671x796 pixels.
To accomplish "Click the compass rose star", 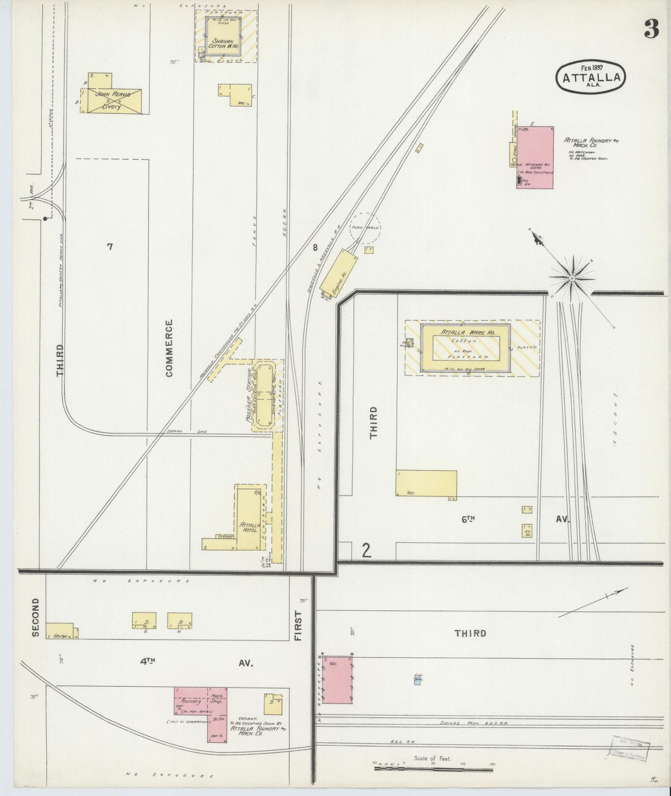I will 572,278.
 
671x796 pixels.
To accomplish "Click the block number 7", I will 110,247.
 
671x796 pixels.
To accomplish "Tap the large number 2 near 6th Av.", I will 367,550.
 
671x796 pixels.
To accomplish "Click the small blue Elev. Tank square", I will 418,680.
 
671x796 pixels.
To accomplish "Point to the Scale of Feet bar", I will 433,769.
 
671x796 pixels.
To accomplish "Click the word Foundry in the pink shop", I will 191,701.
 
